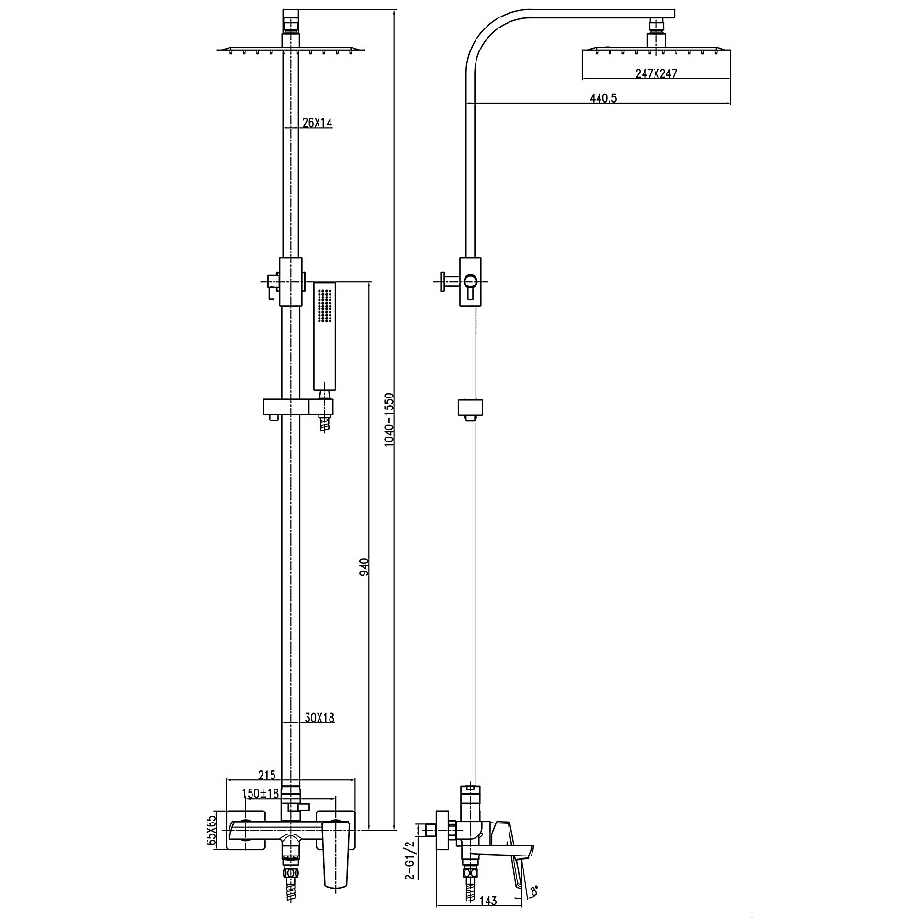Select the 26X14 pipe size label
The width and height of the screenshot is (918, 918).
pyautogui.click(x=317, y=123)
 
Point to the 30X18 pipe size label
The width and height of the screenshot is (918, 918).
pyautogui.click(x=318, y=719)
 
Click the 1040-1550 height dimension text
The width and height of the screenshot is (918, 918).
pyautogui.click(x=389, y=420)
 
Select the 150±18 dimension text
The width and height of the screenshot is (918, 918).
pyautogui.click(x=260, y=793)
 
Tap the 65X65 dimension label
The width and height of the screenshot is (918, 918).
pyautogui.click(x=211, y=830)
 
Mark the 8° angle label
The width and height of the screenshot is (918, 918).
pyautogui.click(x=534, y=890)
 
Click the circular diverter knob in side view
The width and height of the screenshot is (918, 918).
pyautogui.click(x=470, y=282)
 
